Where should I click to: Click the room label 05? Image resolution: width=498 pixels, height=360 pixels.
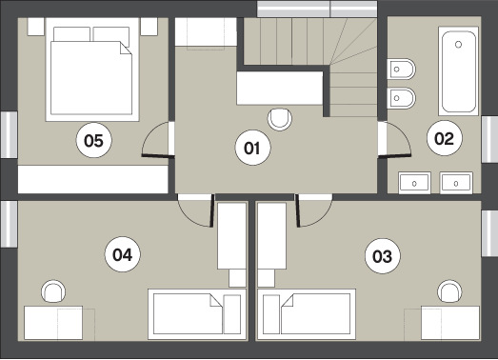coord(94,140)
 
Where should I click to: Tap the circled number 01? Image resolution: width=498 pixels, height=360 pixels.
coord(253,148)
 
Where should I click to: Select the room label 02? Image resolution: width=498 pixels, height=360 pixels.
coord(445,138)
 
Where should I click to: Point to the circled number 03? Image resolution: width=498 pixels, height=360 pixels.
coord(383,256)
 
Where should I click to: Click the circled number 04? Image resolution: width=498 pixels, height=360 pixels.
coord(123,254)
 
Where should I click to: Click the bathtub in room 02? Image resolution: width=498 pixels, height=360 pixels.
coord(458,71)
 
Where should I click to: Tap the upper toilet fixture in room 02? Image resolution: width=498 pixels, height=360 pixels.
coord(402,69)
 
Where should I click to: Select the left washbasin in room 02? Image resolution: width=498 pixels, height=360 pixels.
coord(414,183)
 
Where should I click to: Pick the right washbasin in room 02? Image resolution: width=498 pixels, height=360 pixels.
coord(456,183)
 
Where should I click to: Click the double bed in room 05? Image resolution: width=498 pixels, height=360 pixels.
coord(92,70)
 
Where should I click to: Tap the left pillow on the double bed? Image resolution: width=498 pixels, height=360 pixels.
coord(71,34)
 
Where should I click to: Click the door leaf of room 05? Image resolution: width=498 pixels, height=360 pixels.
coord(158,155)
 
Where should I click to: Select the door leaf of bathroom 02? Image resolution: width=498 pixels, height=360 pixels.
coord(394,155)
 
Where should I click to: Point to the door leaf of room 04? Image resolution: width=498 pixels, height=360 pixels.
coord(211,210)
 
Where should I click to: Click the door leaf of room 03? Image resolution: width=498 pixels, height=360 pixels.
coord(298,210)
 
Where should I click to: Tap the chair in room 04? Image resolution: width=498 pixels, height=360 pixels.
coord(53,291)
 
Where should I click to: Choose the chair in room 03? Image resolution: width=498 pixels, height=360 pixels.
coord(449,291)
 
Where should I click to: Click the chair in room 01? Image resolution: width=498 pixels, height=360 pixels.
coord(280,119)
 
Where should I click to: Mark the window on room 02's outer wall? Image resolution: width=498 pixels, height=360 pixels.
coord(489,139)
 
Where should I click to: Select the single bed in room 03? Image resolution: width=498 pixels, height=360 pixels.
coord(307,314)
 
